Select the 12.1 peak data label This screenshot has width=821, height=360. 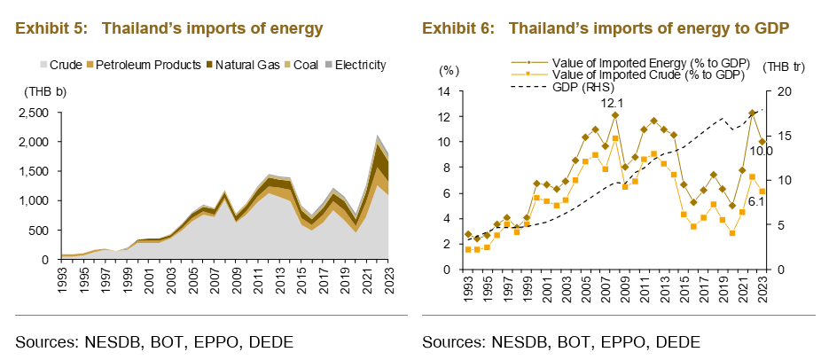point(613,104)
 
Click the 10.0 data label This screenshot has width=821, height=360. point(761,152)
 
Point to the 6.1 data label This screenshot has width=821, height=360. point(756,202)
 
